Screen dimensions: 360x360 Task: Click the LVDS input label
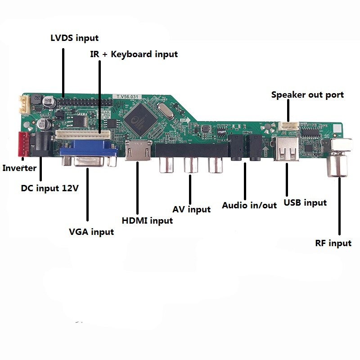[x=74, y=38]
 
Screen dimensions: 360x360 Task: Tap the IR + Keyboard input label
[x=133, y=54]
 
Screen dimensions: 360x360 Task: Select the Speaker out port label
[x=307, y=95]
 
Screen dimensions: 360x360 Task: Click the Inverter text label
[x=19, y=168]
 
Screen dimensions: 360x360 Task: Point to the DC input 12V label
[x=50, y=188]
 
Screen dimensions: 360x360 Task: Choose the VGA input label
[x=91, y=232]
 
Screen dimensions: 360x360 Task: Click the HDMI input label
[x=147, y=221]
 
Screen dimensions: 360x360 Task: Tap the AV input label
[x=191, y=209]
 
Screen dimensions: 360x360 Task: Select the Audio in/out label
[x=249, y=205]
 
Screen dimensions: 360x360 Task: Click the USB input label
[x=305, y=203]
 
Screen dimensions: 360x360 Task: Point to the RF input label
[x=333, y=243]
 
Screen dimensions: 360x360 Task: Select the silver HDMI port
[x=138, y=151]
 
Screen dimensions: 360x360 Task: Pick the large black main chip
[x=139, y=115]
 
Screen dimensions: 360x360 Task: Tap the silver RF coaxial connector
[x=338, y=165]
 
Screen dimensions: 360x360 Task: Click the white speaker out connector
[x=287, y=126]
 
